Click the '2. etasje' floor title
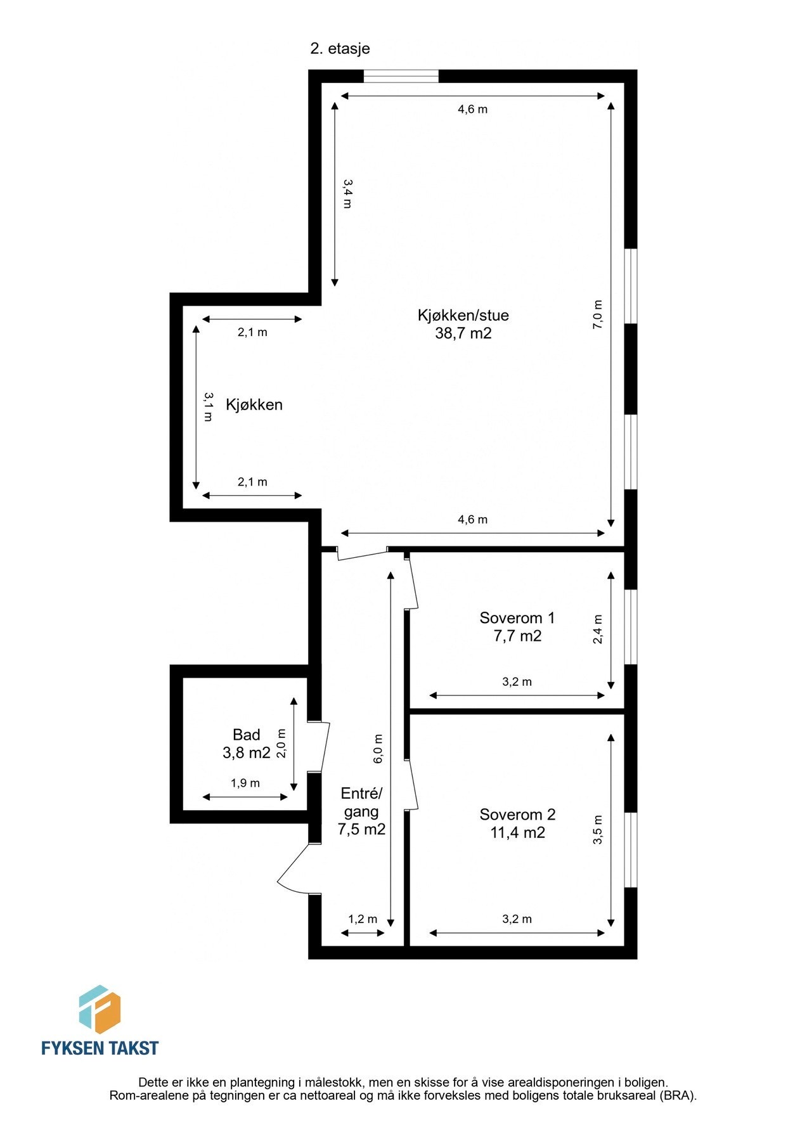coord(340,48)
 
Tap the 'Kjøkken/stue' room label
coord(463,315)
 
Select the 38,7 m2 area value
coord(463,333)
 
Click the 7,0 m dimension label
coord(598,314)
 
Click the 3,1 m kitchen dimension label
coord(208,406)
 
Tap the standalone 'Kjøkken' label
coord(254,404)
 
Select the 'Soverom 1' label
coord(517,617)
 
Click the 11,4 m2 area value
coord(517,832)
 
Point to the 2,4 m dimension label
coord(598,629)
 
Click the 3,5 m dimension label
coord(598,830)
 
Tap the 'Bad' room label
coord(246,735)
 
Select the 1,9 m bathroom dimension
coord(245,783)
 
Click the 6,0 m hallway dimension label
coord(378,749)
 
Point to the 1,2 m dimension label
coord(363,919)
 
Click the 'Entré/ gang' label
coord(361,803)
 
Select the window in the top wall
coord(401,76)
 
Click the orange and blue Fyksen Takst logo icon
coord(100,1010)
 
